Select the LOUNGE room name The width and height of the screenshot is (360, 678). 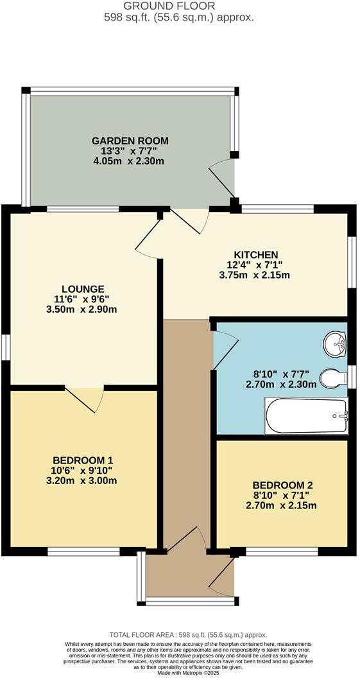tap(83, 289)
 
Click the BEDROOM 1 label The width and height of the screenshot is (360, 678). tap(83, 460)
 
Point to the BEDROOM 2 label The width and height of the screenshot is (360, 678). tap(282, 485)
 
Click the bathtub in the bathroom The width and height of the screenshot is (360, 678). tap(306, 416)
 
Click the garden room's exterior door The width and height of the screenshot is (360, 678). tap(222, 179)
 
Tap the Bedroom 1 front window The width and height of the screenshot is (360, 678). tap(83, 551)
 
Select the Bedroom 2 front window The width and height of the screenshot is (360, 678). tap(282, 551)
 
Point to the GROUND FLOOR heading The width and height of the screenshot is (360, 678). tap(179, 5)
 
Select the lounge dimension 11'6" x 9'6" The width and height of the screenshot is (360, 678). tap(83, 299)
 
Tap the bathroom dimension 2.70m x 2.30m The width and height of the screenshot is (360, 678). tap(282, 385)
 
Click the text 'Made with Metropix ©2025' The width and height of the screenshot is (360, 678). tap(179, 672)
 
